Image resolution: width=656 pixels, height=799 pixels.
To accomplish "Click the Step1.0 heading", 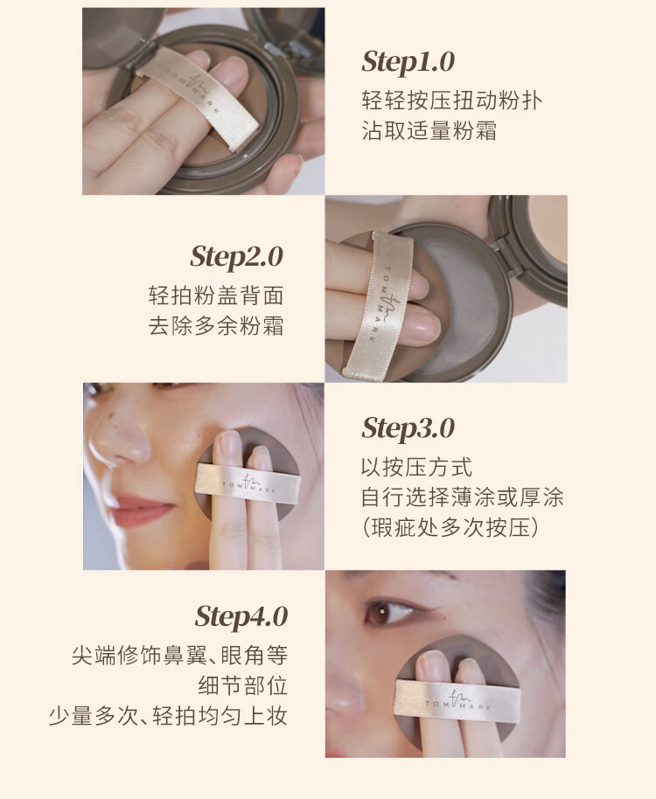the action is pos(408,63).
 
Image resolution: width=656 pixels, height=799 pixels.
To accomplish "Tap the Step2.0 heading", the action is pos(236,257).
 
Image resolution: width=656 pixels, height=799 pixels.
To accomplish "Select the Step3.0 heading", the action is pos(408,428).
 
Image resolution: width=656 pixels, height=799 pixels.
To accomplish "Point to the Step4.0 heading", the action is pos(241,617).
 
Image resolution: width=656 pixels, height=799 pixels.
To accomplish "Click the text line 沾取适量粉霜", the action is pos(429,130).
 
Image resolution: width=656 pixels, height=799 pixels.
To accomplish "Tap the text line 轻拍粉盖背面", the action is pos(216,295).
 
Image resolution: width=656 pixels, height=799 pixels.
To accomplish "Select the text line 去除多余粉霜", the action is pos(216,325).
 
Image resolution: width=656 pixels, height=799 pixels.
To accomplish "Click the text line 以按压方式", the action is pos(417,467).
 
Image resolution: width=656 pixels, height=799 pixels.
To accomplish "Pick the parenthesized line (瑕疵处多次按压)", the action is pos(450,527).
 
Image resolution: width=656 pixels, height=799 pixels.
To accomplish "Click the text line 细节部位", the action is pos(243,685).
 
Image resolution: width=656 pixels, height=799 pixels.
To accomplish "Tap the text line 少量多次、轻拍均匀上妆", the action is pos(168,715).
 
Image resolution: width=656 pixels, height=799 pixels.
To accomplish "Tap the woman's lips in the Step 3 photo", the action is pos(145,508).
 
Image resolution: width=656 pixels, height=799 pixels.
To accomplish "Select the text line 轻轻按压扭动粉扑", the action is pos(452,101).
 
